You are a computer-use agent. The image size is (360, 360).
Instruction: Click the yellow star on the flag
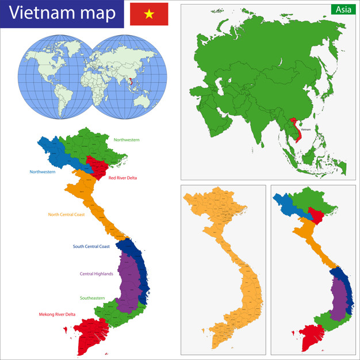coord(149,14)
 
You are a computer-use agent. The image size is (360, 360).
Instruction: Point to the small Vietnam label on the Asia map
coord(305,129)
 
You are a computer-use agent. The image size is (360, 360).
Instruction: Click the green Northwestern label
coord(127,140)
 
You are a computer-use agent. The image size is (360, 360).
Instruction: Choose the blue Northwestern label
coord(43,171)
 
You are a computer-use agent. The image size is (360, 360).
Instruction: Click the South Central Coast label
coord(91,246)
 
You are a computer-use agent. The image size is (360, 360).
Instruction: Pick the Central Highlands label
coord(96,274)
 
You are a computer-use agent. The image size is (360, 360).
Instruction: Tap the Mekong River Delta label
coord(57,314)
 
